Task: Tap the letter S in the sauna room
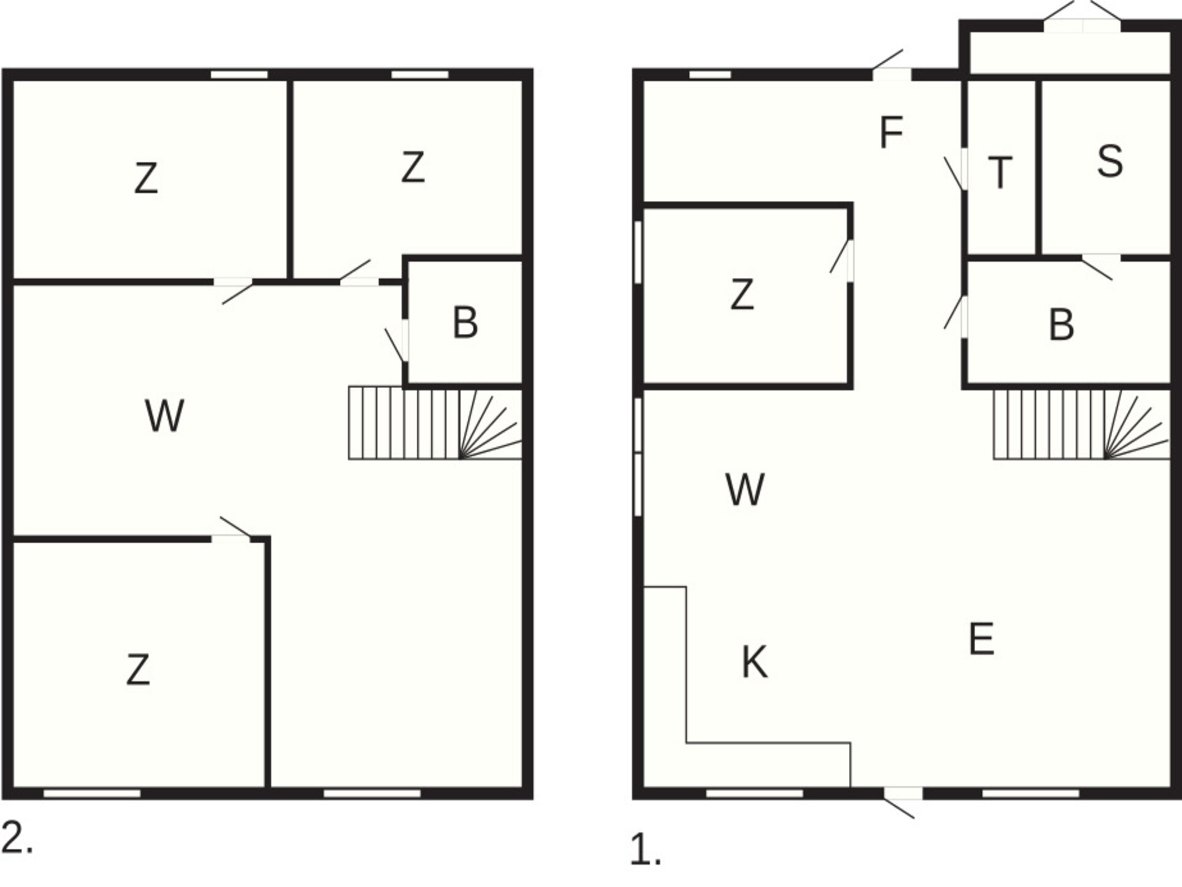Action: pyautogui.click(x=1110, y=161)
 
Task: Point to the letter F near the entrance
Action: pyautogui.click(x=891, y=132)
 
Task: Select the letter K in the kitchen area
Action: pyautogui.click(x=755, y=662)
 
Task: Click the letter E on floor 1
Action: pyautogui.click(x=981, y=639)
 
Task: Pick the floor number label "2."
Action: pyautogui.click(x=17, y=838)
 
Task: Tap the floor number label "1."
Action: pyautogui.click(x=645, y=850)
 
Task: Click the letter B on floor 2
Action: pyautogui.click(x=465, y=322)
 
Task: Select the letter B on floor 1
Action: pyautogui.click(x=1061, y=325)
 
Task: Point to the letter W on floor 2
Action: pyautogui.click(x=164, y=416)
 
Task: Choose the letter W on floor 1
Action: pyautogui.click(x=745, y=490)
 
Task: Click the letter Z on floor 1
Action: pyautogui.click(x=742, y=294)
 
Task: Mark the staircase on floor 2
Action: pyautogui.click(x=435, y=423)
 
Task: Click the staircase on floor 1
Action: pyautogui.click(x=1082, y=424)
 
